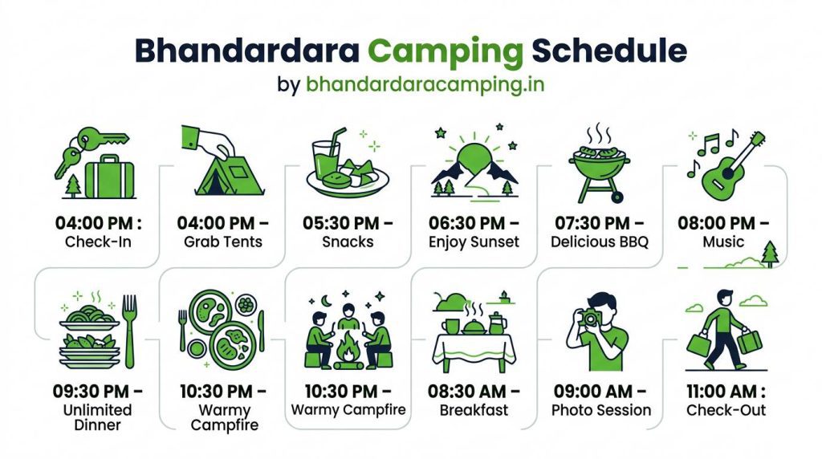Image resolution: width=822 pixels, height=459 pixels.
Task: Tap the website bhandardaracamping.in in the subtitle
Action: click(425, 84)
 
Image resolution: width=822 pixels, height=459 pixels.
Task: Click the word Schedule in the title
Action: click(610, 50)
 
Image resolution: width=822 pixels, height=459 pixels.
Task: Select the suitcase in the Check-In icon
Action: click(111, 177)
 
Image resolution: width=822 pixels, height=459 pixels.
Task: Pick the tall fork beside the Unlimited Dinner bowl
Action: click(129, 329)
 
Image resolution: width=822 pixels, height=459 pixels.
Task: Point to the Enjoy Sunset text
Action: click(474, 242)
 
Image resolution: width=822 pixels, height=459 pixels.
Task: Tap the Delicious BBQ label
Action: click(600, 242)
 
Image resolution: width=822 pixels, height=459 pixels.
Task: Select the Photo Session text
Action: click(600, 410)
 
